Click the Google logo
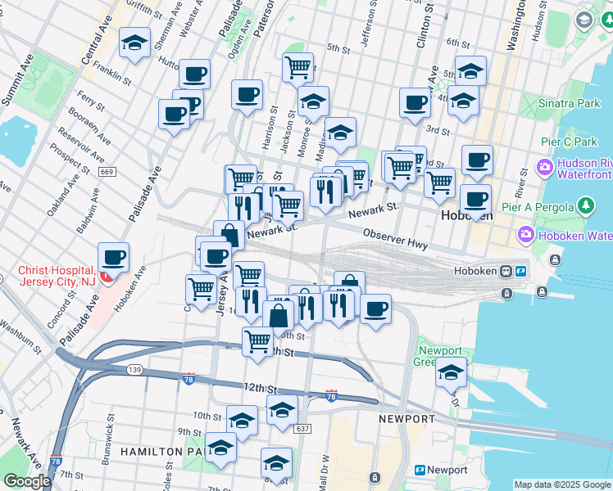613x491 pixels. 27,481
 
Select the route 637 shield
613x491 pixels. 302,429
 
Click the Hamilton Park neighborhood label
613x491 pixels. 158,451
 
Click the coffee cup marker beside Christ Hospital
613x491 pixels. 113,258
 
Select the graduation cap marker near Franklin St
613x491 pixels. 134,44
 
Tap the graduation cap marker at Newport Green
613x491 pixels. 450,372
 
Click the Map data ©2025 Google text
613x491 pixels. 562,484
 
